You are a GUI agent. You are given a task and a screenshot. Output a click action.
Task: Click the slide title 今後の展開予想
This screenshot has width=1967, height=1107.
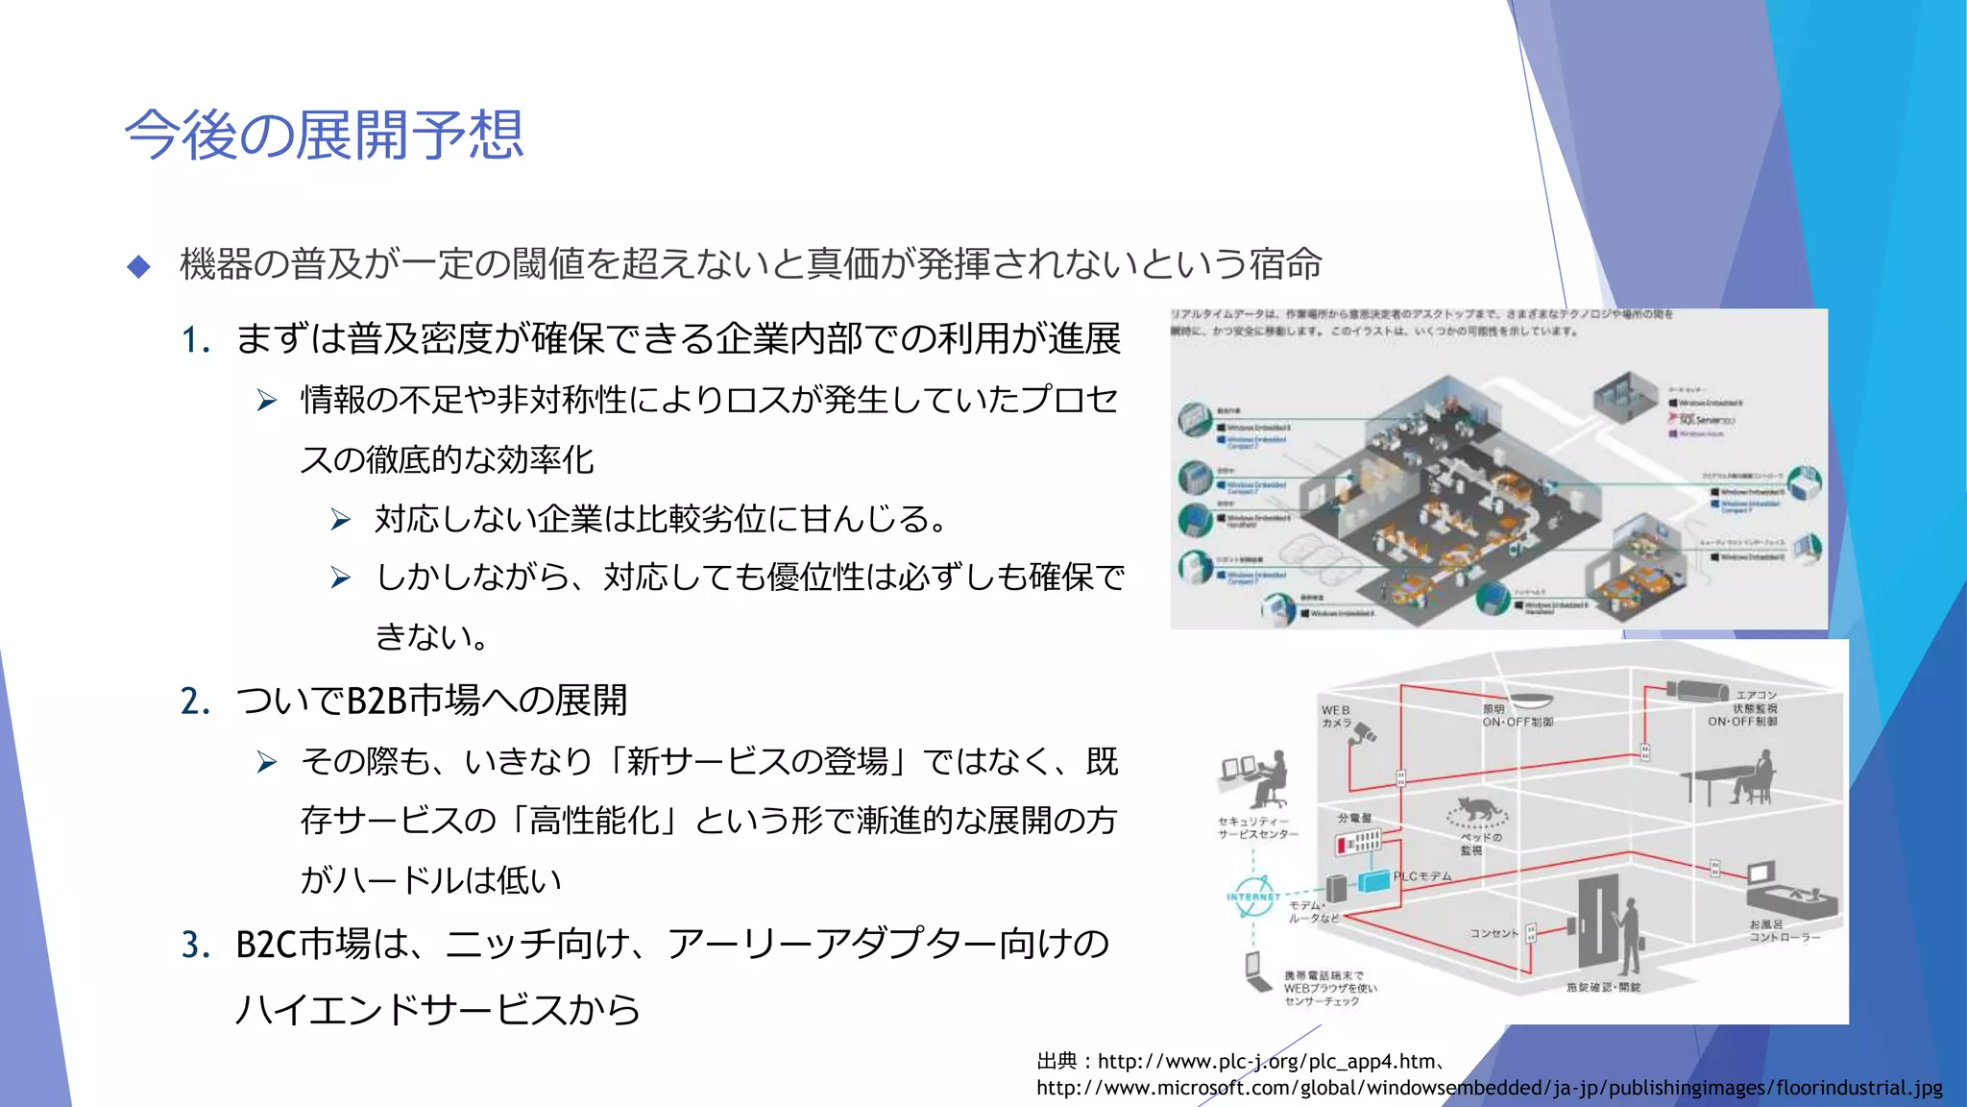(x=324, y=135)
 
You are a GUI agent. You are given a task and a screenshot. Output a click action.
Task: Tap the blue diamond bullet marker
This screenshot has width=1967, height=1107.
(x=139, y=266)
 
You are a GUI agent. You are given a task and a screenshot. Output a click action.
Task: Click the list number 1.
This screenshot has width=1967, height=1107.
(x=195, y=340)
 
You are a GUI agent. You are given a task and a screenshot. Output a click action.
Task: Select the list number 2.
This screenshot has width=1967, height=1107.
(x=195, y=701)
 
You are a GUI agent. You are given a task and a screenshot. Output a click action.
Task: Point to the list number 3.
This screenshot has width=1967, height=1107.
(x=195, y=946)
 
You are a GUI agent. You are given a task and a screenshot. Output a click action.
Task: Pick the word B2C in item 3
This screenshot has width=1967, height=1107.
(x=266, y=946)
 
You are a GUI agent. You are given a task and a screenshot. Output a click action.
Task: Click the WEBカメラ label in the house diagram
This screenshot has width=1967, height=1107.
(x=1336, y=717)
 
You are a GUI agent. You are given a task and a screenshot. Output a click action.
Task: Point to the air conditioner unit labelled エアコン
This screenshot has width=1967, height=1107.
(x=1698, y=689)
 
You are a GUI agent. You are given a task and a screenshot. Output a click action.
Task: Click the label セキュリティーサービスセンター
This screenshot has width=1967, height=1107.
(x=1257, y=828)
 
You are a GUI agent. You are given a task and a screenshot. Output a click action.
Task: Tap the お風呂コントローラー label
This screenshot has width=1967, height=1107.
(x=1783, y=930)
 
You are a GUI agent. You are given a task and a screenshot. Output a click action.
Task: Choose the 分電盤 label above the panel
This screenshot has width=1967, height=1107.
(x=1354, y=818)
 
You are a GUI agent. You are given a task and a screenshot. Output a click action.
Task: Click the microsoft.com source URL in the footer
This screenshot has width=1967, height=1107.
(x=1489, y=1089)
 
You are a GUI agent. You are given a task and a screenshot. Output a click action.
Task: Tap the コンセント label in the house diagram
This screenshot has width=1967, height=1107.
(x=1493, y=933)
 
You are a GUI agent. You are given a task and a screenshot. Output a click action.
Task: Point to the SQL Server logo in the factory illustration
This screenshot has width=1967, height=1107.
(x=1706, y=420)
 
